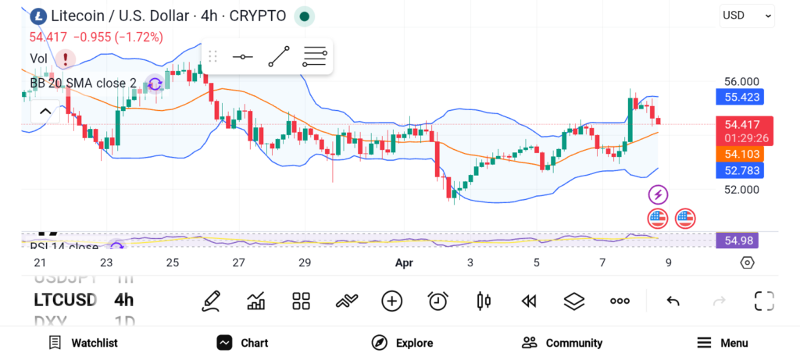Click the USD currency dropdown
pyautogui.click(x=747, y=15)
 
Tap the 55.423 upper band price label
pyautogui.click(x=743, y=98)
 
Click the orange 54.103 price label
pyautogui.click(x=743, y=155)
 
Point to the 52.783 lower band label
pyautogui.click(x=743, y=170)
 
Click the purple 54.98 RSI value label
pyautogui.click(x=737, y=241)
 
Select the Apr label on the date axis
pyautogui.click(x=404, y=263)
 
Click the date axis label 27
pyautogui.click(x=238, y=263)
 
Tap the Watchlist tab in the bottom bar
pyautogui.click(x=83, y=343)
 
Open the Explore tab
pyautogui.click(x=402, y=343)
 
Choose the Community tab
pyautogui.click(x=562, y=343)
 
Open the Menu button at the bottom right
pyautogui.click(x=723, y=343)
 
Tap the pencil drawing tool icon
pyautogui.click(x=210, y=301)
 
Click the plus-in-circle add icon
pyautogui.click(x=392, y=301)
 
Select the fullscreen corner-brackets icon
pyautogui.click(x=764, y=301)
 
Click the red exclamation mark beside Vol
pyautogui.click(x=65, y=59)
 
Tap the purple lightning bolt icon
pyautogui.click(x=658, y=194)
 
